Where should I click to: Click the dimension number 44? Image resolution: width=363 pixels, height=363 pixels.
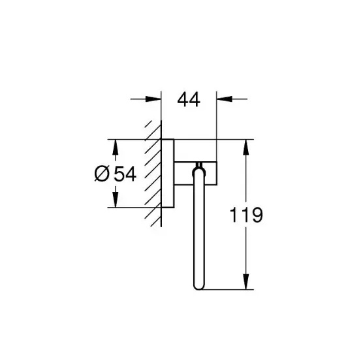(x=189, y=99)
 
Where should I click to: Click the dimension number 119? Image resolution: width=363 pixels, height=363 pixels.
(x=246, y=215)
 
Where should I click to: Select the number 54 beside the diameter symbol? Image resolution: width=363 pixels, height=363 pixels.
(x=125, y=174)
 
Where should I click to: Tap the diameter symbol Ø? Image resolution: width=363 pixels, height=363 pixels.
(x=102, y=174)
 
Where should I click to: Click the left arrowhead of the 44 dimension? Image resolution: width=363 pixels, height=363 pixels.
(x=153, y=99)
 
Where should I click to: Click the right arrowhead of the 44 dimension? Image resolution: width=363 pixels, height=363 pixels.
(x=225, y=99)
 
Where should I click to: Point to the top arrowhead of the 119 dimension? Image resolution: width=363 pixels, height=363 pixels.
(x=246, y=148)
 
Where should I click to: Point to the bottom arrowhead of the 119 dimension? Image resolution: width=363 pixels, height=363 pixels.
(x=246, y=281)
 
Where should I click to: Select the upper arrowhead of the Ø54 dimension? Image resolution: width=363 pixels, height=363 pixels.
(x=116, y=148)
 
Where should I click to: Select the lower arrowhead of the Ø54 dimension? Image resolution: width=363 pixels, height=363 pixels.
(x=116, y=200)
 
